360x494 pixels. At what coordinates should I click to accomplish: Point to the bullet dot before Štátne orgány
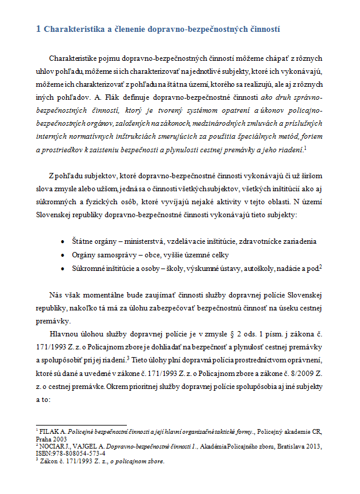[63, 241]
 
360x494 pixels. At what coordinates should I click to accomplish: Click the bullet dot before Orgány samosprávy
[63, 254]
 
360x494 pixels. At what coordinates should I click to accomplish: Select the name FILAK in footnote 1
[50, 431]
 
